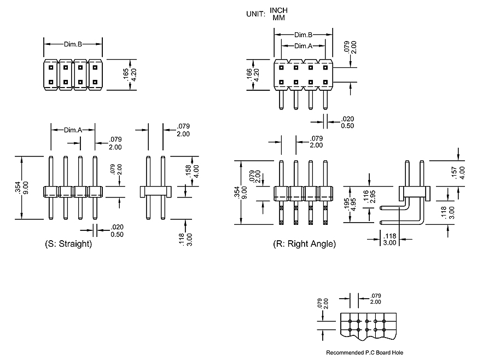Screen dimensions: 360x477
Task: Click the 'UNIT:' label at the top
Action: pyautogui.click(x=256, y=14)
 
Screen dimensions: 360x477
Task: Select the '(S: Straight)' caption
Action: pyautogui.click(x=68, y=244)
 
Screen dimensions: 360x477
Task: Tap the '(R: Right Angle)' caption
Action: pyautogui.click(x=304, y=243)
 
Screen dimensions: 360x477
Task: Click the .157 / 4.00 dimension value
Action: pyautogui.click(x=458, y=172)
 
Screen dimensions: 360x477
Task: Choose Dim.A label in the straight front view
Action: pyautogui.click(x=73, y=130)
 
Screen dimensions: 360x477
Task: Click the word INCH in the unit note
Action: pyautogui.click(x=278, y=10)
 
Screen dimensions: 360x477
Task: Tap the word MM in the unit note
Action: pyautogui.click(x=278, y=18)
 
